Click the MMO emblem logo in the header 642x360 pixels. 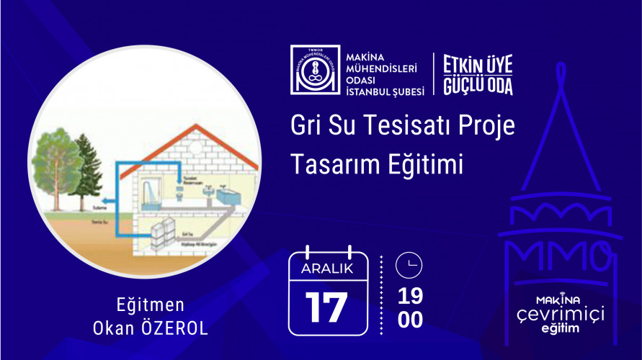click(x=313, y=70)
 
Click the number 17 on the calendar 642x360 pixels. click(x=326, y=306)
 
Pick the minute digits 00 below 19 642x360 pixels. click(x=410, y=320)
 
